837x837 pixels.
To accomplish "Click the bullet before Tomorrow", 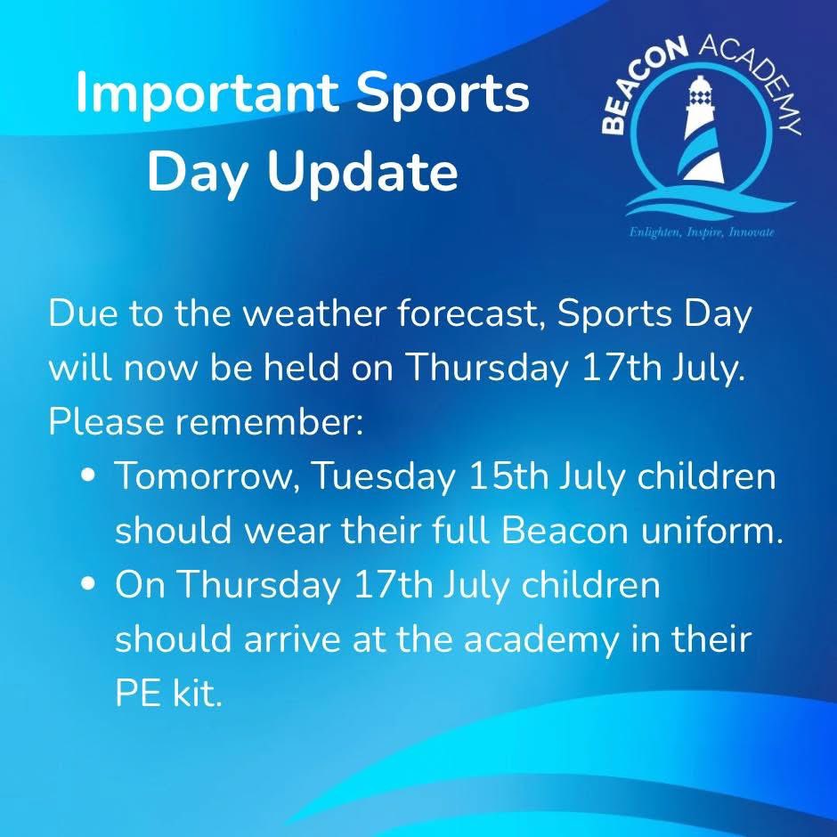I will click(88, 478).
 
